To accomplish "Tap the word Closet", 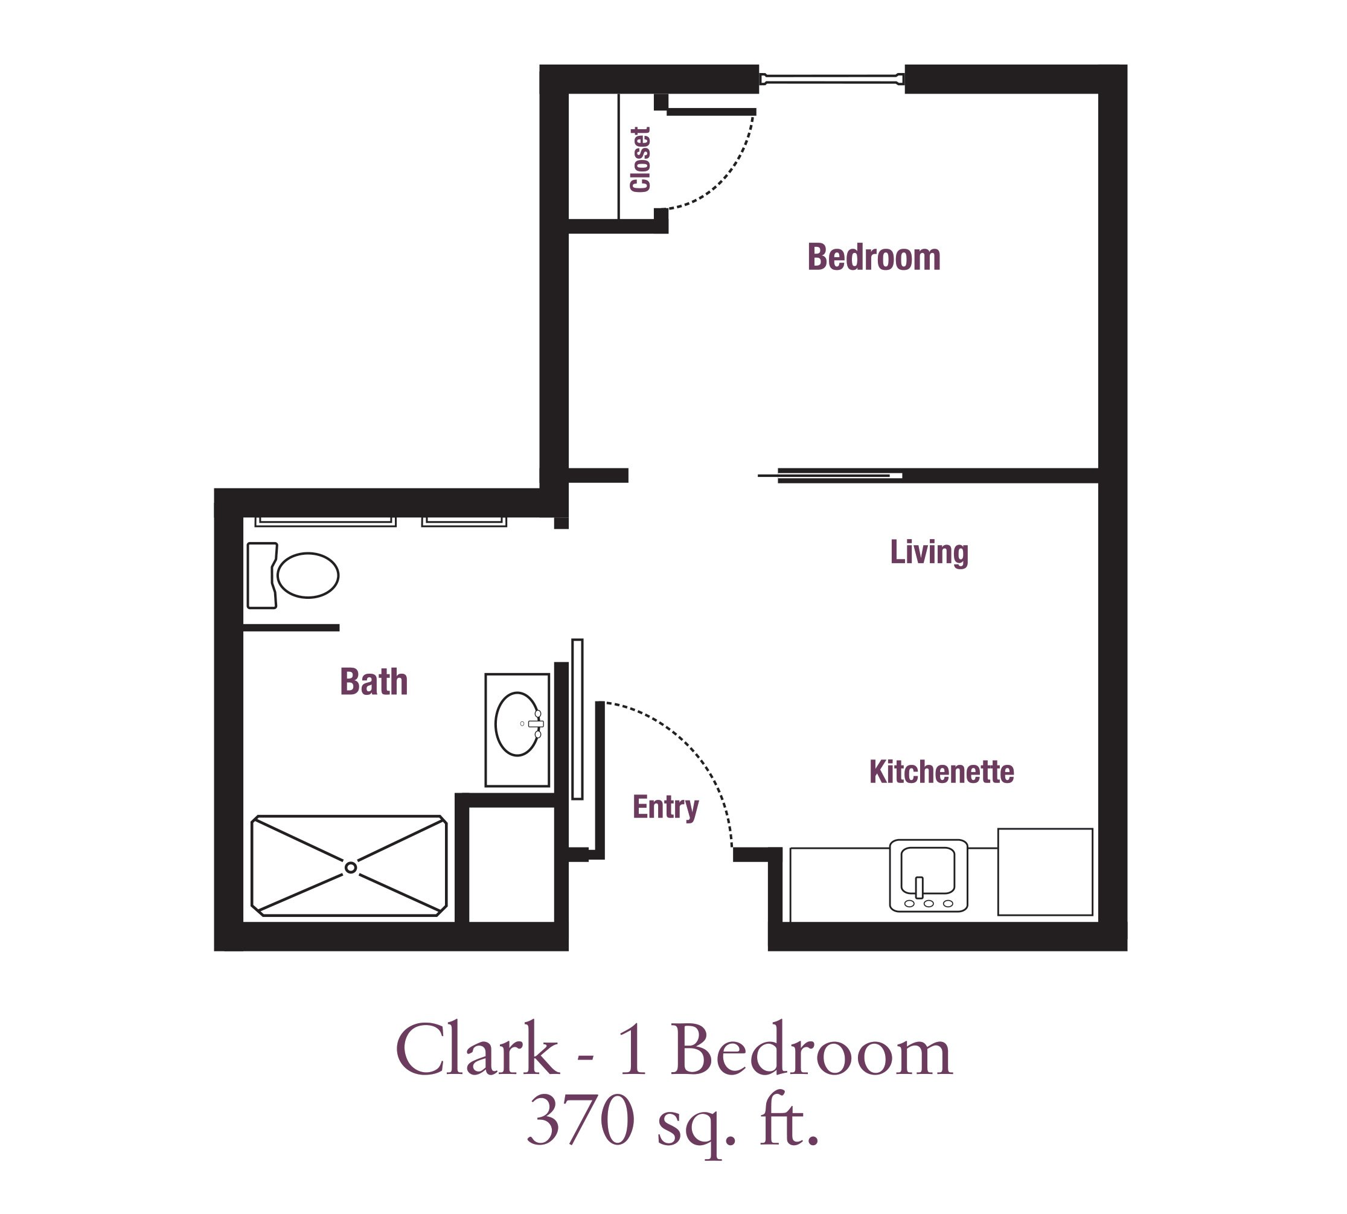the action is tap(640, 159).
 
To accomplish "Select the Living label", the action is tap(929, 552).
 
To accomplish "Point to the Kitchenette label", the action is tap(941, 772).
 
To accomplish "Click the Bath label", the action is tap(374, 682).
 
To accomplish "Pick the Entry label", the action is tap(665, 808).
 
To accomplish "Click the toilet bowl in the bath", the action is tap(307, 575).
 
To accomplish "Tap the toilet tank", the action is tap(262, 575).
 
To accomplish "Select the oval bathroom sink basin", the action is tap(517, 724).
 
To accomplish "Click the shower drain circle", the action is tap(351, 867).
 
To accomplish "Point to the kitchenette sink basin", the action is tap(927, 870).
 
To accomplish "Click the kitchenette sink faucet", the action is tap(919, 887).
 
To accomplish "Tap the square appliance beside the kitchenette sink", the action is tap(1045, 872).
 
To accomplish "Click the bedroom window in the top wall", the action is tap(832, 79).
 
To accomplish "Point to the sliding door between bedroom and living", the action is tap(830, 476).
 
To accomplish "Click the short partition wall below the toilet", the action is tap(291, 628).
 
